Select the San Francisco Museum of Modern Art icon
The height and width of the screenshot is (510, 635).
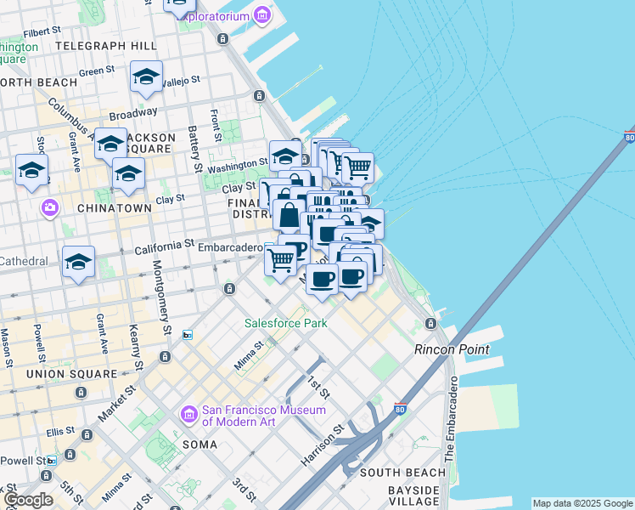tap(188, 415)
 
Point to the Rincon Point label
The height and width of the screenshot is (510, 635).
tap(452, 349)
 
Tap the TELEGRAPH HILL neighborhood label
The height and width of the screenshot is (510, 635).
tap(105, 45)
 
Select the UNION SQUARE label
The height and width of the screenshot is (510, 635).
tap(71, 374)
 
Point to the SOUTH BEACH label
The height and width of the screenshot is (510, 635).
tap(402, 473)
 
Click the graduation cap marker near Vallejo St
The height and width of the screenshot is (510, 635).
tap(147, 78)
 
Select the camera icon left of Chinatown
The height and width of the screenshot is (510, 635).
tap(50, 207)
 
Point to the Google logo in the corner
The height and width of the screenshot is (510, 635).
tap(27, 500)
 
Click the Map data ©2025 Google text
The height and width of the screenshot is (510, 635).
tap(582, 503)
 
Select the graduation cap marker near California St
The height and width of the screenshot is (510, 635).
tap(78, 263)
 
